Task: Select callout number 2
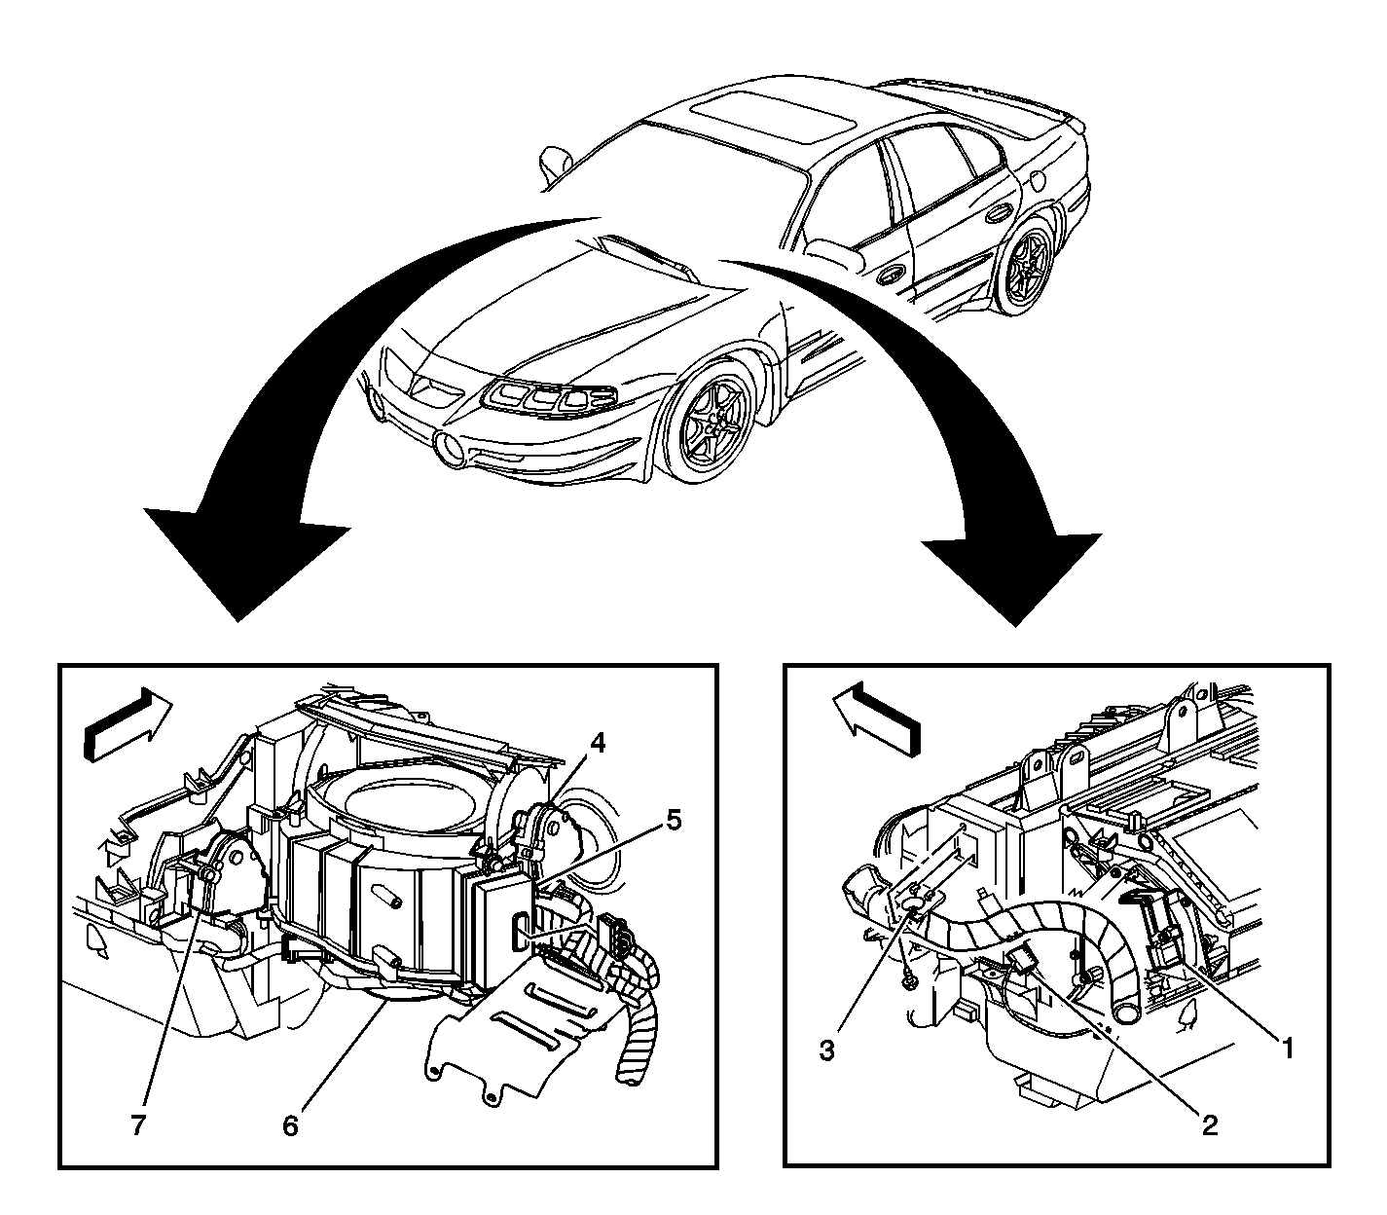click(1210, 1126)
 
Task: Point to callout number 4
click(596, 744)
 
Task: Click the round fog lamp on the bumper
click(450, 450)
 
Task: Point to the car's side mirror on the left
click(554, 164)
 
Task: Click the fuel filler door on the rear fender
click(1038, 181)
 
